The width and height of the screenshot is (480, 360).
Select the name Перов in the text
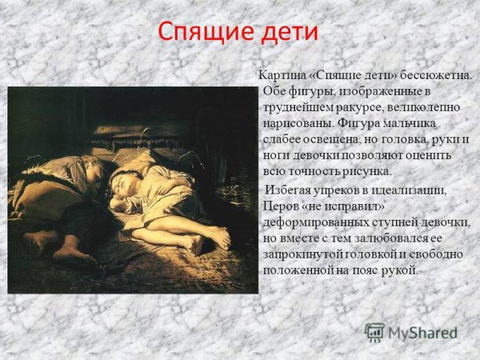(280, 205)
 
